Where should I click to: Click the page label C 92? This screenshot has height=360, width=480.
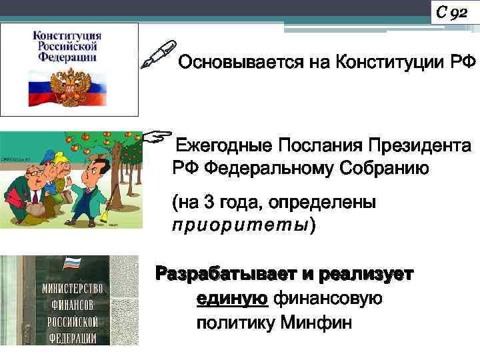coord(451,11)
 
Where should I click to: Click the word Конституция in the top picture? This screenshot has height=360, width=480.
coord(67,35)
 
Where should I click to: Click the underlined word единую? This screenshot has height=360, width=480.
coord(232,299)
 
